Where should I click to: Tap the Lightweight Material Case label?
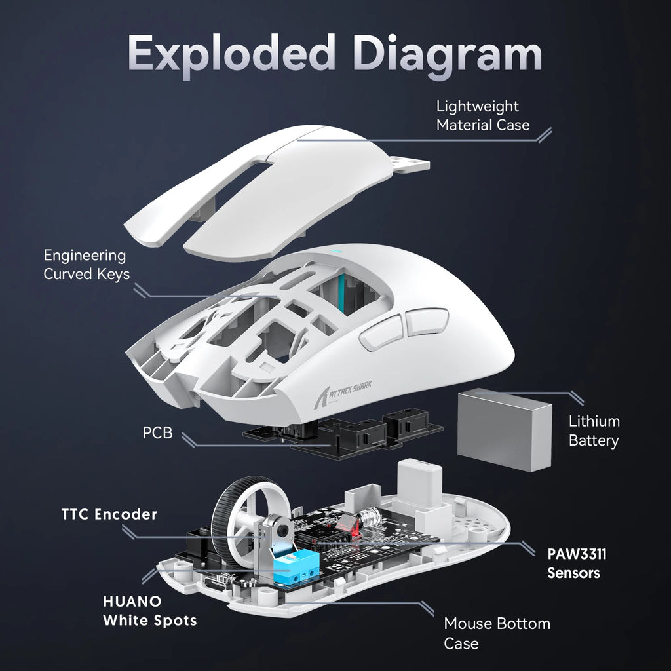[x=483, y=115]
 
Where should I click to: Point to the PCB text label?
[x=157, y=432]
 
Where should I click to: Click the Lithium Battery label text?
[x=594, y=431]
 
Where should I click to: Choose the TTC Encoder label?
[x=109, y=514]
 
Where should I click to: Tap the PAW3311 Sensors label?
[x=577, y=563]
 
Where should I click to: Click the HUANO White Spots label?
[x=149, y=610]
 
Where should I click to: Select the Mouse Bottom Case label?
[x=497, y=633]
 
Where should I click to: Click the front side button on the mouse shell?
[x=377, y=332]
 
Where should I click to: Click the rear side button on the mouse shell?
[x=425, y=323]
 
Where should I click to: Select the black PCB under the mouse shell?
[x=341, y=436]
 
